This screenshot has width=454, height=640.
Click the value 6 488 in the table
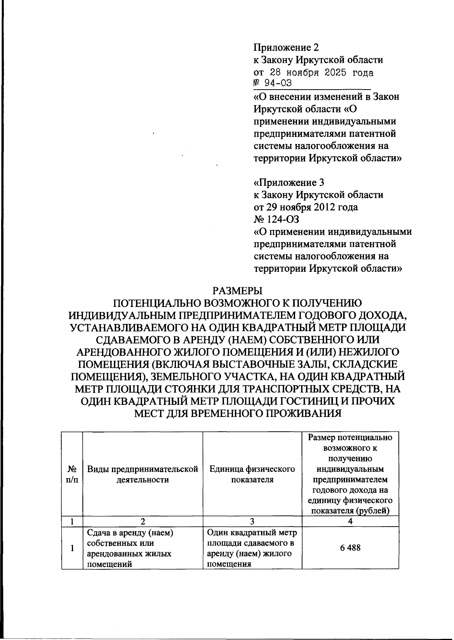tap(350, 547)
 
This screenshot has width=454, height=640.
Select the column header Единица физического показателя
tap(252, 474)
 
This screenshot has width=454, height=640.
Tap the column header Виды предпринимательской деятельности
tap(143, 474)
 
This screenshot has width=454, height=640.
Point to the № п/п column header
tap(72, 474)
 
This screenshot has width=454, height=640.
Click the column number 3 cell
tap(252, 521)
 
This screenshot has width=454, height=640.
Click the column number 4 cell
tap(350, 521)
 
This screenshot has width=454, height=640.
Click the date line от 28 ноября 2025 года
tap(313, 72)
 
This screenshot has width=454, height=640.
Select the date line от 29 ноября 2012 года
tap(305, 207)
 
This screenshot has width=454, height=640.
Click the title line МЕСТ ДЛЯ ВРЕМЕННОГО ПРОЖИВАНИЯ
tap(238, 413)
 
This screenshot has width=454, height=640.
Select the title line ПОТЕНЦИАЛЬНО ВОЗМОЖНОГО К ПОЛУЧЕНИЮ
tap(238, 303)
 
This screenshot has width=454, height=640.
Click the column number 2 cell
tap(143, 521)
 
